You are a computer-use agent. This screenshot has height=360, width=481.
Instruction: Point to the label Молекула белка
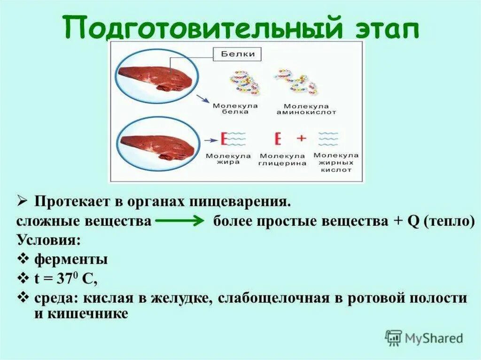pyautogui.click(x=229, y=109)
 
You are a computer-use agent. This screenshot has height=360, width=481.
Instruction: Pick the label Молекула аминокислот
pyautogui.click(x=300, y=109)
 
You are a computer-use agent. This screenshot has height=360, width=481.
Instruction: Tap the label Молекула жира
pyautogui.click(x=228, y=159)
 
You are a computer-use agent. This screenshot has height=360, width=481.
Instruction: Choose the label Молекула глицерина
pyautogui.click(x=283, y=160)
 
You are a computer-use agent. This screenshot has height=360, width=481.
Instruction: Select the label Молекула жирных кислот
pyautogui.click(x=336, y=162)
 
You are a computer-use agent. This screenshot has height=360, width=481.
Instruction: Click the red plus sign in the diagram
pyautogui.click(x=301, y=138)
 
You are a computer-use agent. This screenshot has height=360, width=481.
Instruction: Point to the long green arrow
pyautogui.click(x=179, y=222)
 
